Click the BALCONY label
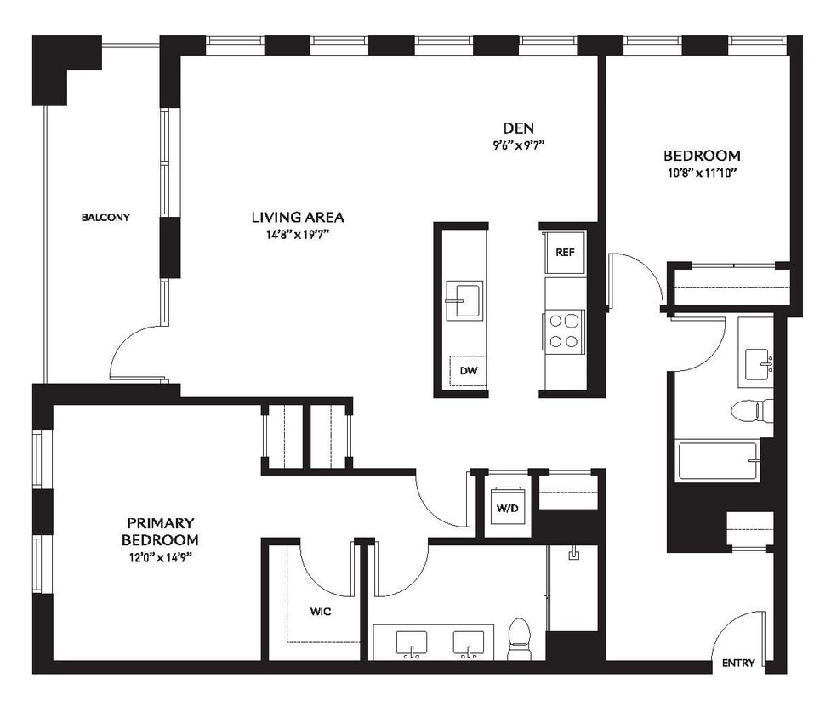105,217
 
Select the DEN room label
518,128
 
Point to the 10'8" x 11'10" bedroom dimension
701,173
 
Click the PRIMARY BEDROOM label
160,532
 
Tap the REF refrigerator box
565,253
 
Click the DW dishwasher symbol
468,370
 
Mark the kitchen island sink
464,299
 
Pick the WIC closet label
321,610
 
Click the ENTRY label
737,663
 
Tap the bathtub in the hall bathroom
717,460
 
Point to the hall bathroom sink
756,364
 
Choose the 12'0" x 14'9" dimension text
160,557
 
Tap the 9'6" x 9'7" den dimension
518,145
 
